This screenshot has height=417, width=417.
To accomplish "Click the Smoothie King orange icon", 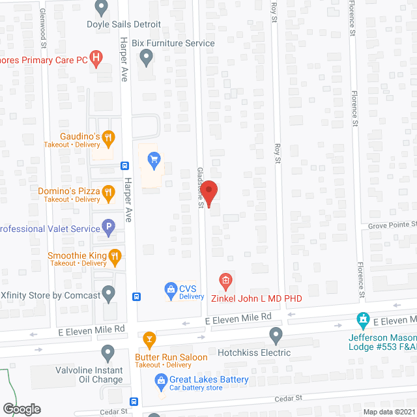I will click(115, 255).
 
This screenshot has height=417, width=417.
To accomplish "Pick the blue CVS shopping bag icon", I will click(171, 288).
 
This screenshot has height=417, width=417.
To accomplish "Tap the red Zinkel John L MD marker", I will click(225, 282).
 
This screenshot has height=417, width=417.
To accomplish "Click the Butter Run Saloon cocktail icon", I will click(149, 339).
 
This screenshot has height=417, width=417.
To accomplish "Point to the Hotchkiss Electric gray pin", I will click(276, 335).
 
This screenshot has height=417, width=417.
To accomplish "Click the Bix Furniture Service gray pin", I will click(147, 59).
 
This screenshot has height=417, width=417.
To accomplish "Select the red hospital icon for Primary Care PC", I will click(96, 60).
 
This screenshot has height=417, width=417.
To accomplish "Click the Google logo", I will click(21, 409).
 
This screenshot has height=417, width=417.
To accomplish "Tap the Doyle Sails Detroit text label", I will click(124, 25).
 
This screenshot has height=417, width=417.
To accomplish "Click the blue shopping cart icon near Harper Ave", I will click(154, 159).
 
